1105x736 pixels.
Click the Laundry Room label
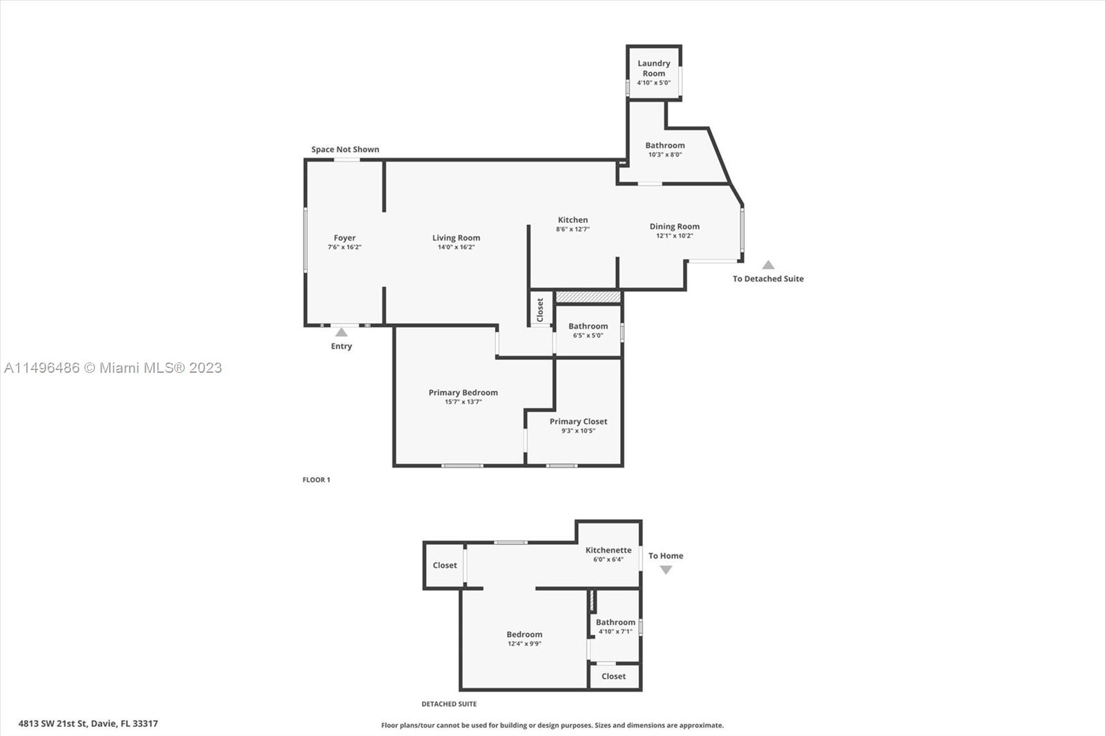pos(653,68)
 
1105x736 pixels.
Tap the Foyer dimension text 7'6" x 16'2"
pos(345,247)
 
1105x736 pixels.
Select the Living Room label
pos(456,238)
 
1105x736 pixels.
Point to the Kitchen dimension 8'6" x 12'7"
pos(573,229)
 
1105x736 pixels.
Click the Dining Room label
pos(674,226)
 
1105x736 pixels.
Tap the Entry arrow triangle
pos(341,333)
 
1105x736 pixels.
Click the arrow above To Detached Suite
pos(768,265)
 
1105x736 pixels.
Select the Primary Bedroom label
pos(463,393)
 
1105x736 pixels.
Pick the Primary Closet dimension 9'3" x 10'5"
pos(578,431)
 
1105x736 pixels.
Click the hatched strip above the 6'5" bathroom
pos(588,297)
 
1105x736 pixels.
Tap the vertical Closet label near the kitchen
pos(539,310)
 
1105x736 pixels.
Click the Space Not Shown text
pos(345,149)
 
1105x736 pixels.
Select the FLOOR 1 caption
pos(316,479)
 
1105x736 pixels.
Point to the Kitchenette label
pos(608,550)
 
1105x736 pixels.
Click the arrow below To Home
pos(666,570)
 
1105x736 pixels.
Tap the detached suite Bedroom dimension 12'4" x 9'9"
pos(524,643)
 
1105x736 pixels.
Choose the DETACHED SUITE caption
pos(449,704)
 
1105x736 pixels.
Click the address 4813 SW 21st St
pos(52,724)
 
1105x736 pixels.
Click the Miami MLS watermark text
pos(113,368)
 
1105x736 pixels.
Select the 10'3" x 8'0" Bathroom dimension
pos(665,155)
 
